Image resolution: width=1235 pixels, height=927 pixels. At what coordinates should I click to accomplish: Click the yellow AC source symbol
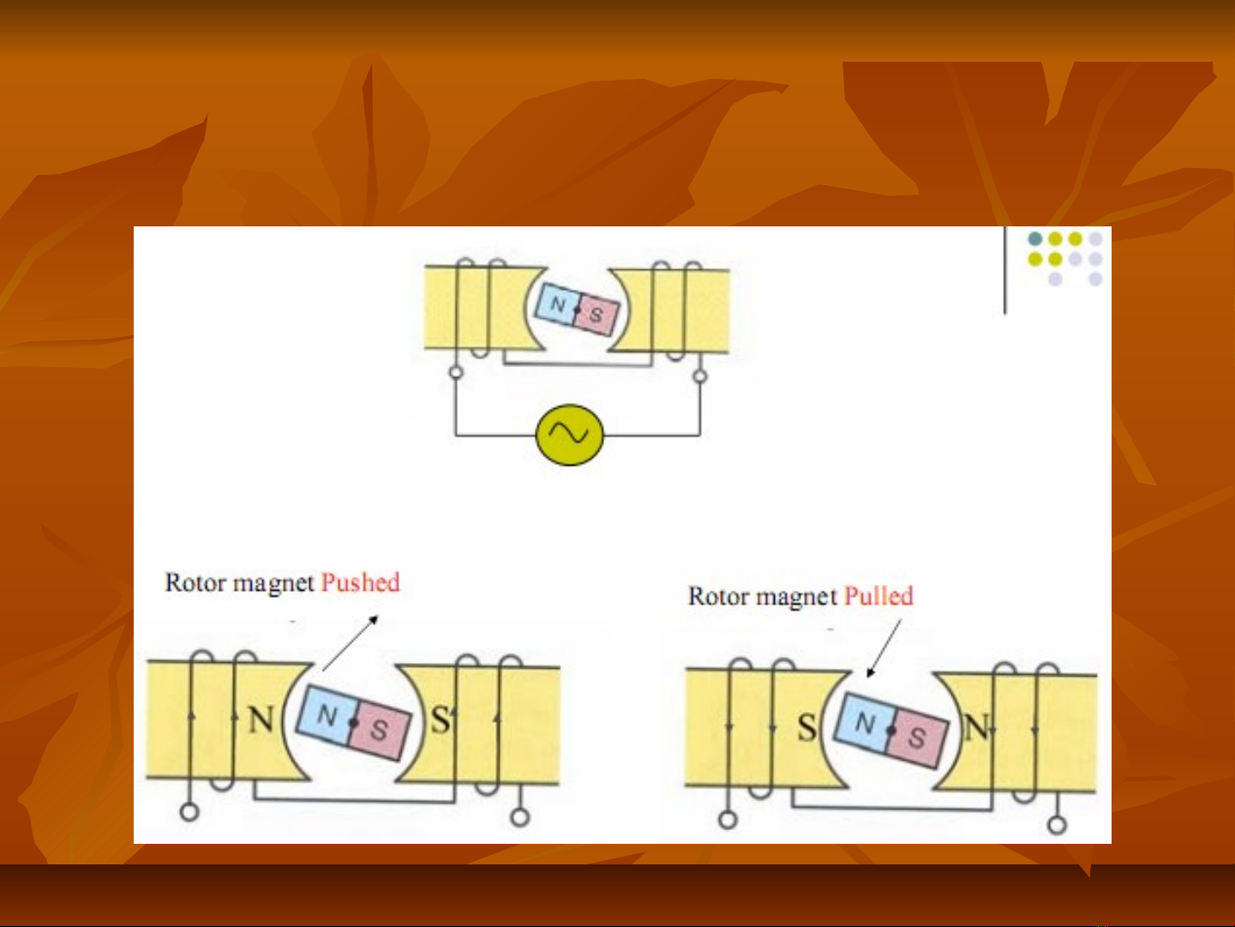tap(569, 435)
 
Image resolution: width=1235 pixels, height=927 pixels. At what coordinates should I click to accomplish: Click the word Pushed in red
tap(361, 582)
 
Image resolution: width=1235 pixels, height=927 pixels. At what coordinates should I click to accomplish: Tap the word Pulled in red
tap(878, 595)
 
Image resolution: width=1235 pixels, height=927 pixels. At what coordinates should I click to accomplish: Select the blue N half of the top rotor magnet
tap(556, 304)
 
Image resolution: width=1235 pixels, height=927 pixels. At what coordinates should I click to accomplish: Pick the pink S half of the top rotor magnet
tap(597, 315)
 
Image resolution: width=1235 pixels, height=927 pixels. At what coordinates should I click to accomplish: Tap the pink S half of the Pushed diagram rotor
tap(380, 730)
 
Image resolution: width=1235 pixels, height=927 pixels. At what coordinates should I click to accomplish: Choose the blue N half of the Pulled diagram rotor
tap(866, 722)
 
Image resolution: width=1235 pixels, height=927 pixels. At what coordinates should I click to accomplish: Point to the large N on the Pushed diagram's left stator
tap(261, 719)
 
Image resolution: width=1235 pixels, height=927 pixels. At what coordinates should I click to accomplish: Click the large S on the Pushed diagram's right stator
tap(441, 719)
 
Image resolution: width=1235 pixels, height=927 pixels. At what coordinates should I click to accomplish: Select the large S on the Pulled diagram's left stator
tap(806, 727)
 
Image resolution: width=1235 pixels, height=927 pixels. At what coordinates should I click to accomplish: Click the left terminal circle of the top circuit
tap(456, 373)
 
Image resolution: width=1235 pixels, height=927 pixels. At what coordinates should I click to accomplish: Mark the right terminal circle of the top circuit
tap(700, 376)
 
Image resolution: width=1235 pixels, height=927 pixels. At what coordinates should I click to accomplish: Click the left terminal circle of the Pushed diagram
tap(189, 812)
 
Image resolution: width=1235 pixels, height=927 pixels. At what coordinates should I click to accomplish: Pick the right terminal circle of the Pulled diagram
tap(1058, 825)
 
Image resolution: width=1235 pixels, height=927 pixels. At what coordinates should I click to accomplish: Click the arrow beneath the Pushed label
tap(350, 643)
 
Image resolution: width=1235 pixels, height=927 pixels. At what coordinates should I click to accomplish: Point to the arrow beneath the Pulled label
tap(884, 648)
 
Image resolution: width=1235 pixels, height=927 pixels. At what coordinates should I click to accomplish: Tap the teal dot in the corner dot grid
tap(1035, 238)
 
